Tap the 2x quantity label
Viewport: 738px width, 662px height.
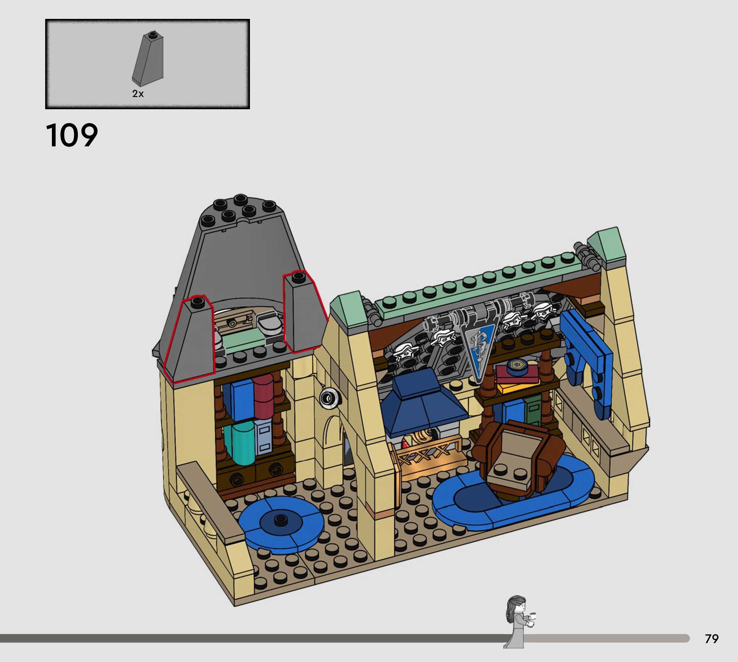click(138, 94)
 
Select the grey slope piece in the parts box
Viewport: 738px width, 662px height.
click(148, 59)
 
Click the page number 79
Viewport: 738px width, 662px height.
click(712, 639)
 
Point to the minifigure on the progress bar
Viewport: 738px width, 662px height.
click(518, 622)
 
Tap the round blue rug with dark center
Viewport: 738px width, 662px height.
click(281, 523)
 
